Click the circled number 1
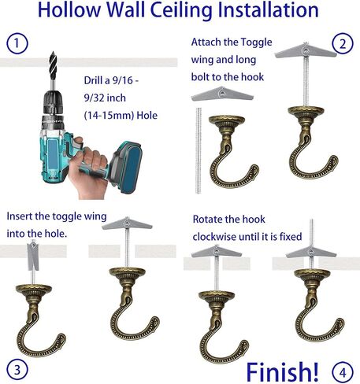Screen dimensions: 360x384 (x=17, y=43)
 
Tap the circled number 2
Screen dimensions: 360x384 (x=343, y=43)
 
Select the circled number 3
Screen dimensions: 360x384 (x=17, y=370)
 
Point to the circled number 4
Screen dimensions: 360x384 (x=343, y=372)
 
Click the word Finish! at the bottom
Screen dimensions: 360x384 (x=283, y=371)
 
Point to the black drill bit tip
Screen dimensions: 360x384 (x=53, y=53)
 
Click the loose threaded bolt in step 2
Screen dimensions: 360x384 (x=199, y=150)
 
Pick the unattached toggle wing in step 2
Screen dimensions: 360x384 (x=222, y=94)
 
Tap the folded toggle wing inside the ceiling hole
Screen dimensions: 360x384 (x=33, y=256)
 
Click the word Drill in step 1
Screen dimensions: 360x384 (x=95, y=80)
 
